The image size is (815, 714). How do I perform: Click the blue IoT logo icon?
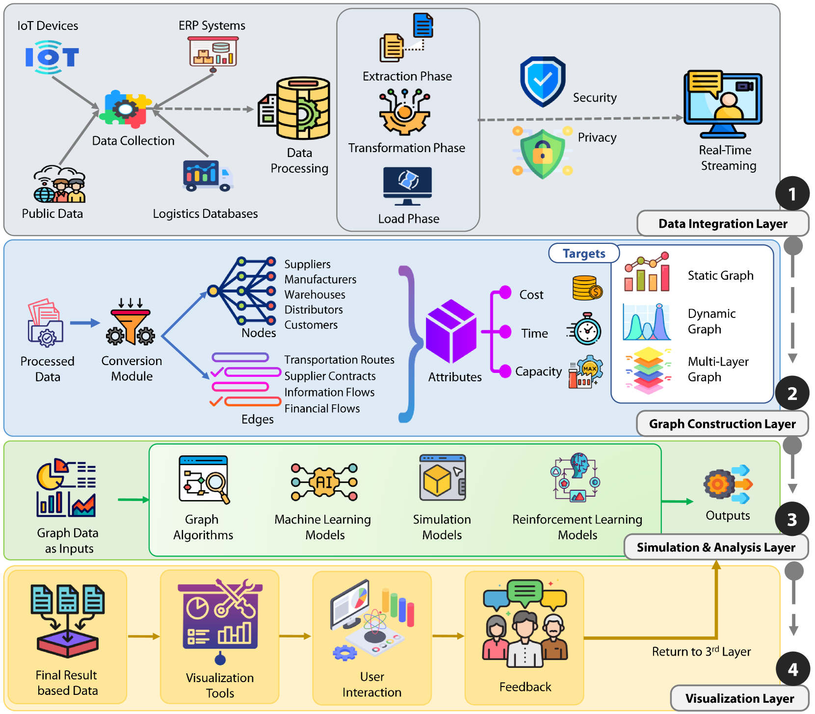pyautogui.click(x=52, y=57)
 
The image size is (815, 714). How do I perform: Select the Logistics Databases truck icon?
pyautogui.click(x=208, y=175)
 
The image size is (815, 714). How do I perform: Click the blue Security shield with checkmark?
pyautogui.click(x=543, y=81)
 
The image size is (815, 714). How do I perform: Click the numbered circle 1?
pyautogui.click(x=792, y=194)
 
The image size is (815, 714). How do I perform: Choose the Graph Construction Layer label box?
pyautogui.click(x=722, y=423)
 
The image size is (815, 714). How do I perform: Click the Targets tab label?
pyautogui.click(x=584, y=253)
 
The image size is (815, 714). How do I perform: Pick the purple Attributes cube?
pyautogui.click(x=451, y=331)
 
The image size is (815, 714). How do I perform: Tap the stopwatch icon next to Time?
pyautogui.click(x=585, y=329)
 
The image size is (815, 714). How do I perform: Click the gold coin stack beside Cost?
pyautogui.click(x=587, y=288)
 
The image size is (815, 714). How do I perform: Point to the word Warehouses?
pyautogui.click(x=315, y=294)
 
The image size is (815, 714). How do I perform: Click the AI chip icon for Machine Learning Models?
pyautogui.click(x=324, y=482)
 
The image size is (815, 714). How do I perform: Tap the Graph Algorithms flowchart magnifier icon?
pyautogui.click(x=204, y=479)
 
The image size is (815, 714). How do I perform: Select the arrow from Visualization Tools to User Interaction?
pyautogui.click(x=295, y=636)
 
